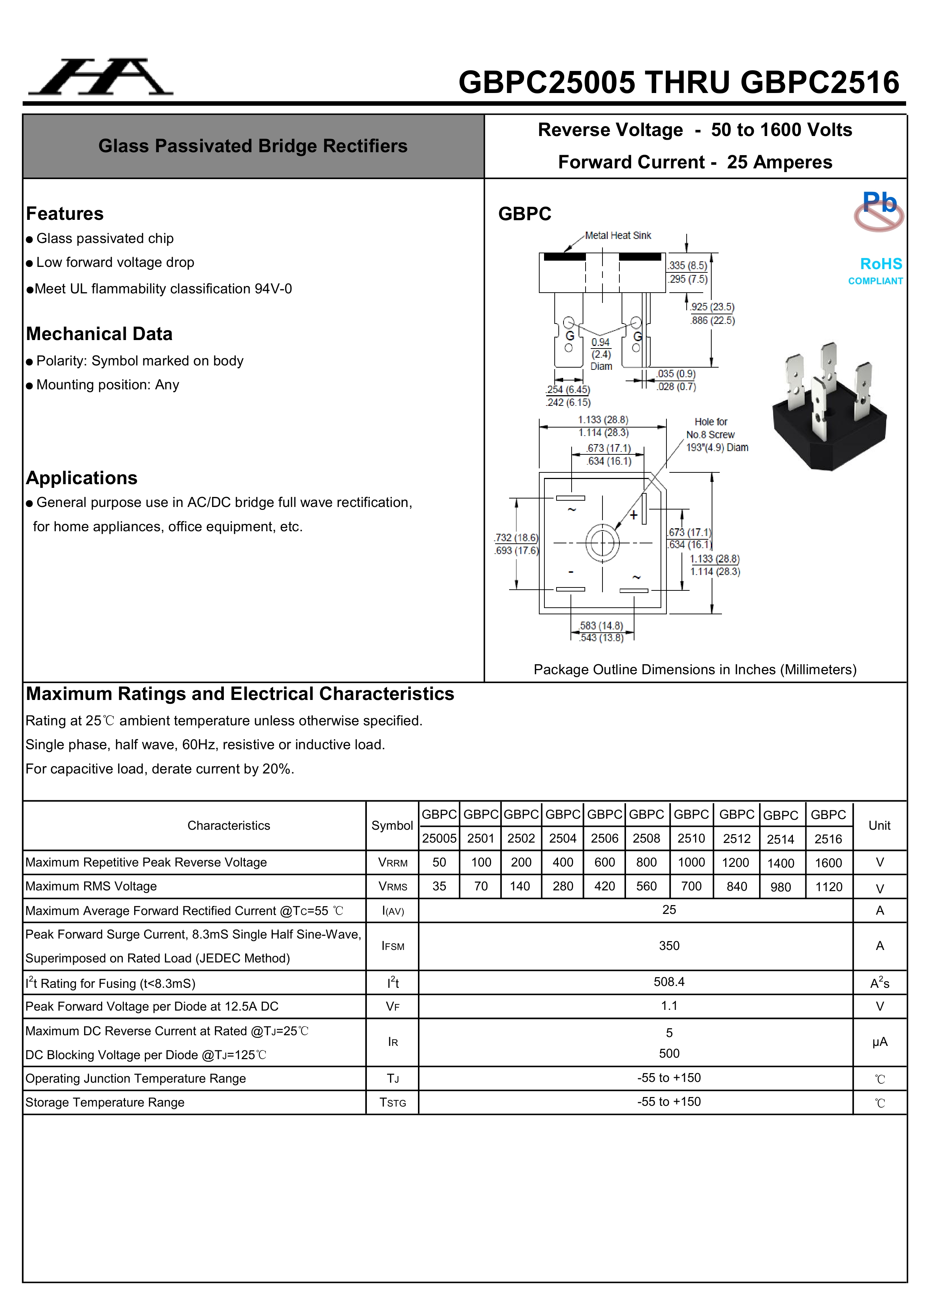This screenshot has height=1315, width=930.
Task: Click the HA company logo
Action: (101, 77)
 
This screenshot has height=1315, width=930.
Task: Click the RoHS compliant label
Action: (876, 270)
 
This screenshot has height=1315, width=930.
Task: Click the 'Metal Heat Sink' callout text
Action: (618, 235)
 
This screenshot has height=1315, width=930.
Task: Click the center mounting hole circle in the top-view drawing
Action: (602, 542)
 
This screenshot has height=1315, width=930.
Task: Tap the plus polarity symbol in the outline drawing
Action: (633, 515)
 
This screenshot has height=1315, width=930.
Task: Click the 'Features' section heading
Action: (65, 214)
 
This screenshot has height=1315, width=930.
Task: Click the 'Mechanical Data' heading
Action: (99, 334)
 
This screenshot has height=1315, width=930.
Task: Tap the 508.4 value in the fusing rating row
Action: (669, 982)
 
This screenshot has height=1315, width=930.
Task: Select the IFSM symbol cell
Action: (393, 946)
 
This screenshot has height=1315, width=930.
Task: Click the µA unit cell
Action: (880, 1042)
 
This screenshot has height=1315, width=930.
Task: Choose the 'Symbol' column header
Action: (392, 825)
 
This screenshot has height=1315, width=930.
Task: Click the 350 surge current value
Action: (669, 946)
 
